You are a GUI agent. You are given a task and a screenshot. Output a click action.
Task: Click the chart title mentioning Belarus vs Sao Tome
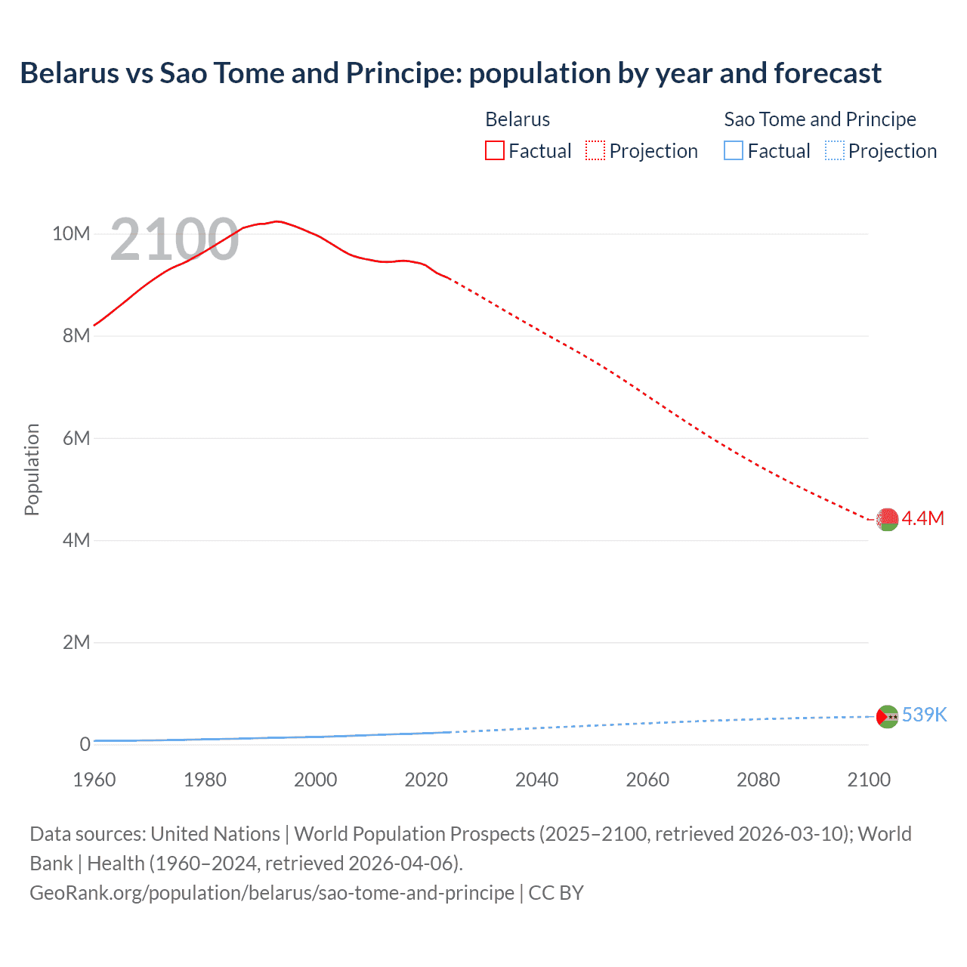450,73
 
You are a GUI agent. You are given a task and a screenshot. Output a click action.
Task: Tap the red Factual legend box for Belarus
494,150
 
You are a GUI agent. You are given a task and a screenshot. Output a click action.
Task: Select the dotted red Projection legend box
595,150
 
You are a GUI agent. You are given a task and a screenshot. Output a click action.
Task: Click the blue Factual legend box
734,150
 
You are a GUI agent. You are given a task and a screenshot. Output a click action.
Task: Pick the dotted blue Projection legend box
835,150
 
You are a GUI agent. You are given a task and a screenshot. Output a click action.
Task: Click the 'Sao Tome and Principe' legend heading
820,119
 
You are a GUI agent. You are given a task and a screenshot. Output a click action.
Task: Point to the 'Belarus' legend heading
517,119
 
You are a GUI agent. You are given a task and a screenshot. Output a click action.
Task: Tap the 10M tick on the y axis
71,233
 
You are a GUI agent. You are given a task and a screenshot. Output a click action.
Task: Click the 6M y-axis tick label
76,438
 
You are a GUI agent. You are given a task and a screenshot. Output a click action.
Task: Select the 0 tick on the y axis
85,744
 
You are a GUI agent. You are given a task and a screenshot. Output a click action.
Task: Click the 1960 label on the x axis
94,780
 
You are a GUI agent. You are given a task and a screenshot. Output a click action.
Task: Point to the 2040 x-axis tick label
536,780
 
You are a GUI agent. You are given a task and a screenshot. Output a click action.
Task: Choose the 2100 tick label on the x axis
869,780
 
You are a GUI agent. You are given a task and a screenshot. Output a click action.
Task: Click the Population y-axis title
32,469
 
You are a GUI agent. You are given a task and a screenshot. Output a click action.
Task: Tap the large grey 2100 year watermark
175,239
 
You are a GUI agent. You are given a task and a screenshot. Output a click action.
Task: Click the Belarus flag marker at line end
887,519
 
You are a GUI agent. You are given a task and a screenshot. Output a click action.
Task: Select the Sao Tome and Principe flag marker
887,716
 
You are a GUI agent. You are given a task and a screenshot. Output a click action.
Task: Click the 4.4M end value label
923,518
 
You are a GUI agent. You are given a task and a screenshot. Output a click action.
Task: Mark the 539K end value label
924,715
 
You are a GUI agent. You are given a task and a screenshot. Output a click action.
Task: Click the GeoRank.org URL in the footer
272,893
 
